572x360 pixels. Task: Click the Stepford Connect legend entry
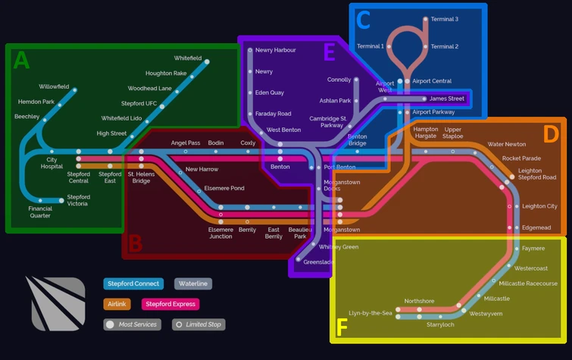[x=133, y=284]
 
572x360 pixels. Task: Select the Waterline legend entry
[x=193, y=284]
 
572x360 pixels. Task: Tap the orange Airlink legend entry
[x=117, y=304]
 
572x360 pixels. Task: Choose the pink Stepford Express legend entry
[x=170, y=304]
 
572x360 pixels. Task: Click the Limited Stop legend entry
[x=198, y=324]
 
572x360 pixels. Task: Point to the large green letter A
[x=21, y=61]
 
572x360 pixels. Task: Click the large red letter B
[x=135, y=243]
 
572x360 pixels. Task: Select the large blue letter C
[x=364, y=20]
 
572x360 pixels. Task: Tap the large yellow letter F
[x=342, y=327]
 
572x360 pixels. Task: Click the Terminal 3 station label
[x=445, y=19]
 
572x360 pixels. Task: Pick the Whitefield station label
[x=188, y=58]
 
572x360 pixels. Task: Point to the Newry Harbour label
[x=276, y=50]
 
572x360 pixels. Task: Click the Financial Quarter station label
[x=40, y=212]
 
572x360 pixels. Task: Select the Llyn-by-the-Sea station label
[x=370, y=313]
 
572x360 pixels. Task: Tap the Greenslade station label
[x=318, y=262]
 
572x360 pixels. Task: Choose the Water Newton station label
[x=507, y=144]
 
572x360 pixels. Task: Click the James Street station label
[x=447, y=99]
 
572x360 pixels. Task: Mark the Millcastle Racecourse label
[x=528, y=283]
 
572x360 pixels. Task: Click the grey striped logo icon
[x=58, y=303]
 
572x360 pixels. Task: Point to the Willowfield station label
[x=54, y=87]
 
